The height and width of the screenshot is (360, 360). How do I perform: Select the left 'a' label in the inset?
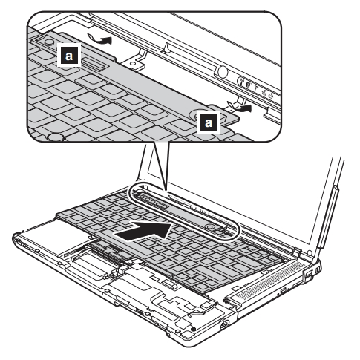(x=69, y=55)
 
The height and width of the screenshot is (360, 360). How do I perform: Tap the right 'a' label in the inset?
(x=209, y=122)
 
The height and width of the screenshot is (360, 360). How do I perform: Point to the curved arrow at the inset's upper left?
(x=99, y=39)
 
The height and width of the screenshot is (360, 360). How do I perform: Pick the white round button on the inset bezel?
(x=223, y=71)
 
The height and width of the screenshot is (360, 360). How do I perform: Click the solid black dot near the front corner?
(x=194, y=329)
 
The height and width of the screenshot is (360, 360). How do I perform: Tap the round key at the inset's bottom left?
(x=55, y=137)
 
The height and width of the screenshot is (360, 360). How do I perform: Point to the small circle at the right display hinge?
(x=310, y=252)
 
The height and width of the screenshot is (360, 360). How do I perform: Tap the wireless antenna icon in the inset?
(x=241, y=82)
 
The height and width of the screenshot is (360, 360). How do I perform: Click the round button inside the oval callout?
(x=209, y=226)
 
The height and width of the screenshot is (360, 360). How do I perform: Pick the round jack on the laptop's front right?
(x=224, y=324)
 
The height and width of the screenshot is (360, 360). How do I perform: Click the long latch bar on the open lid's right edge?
(x=327, y=217)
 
